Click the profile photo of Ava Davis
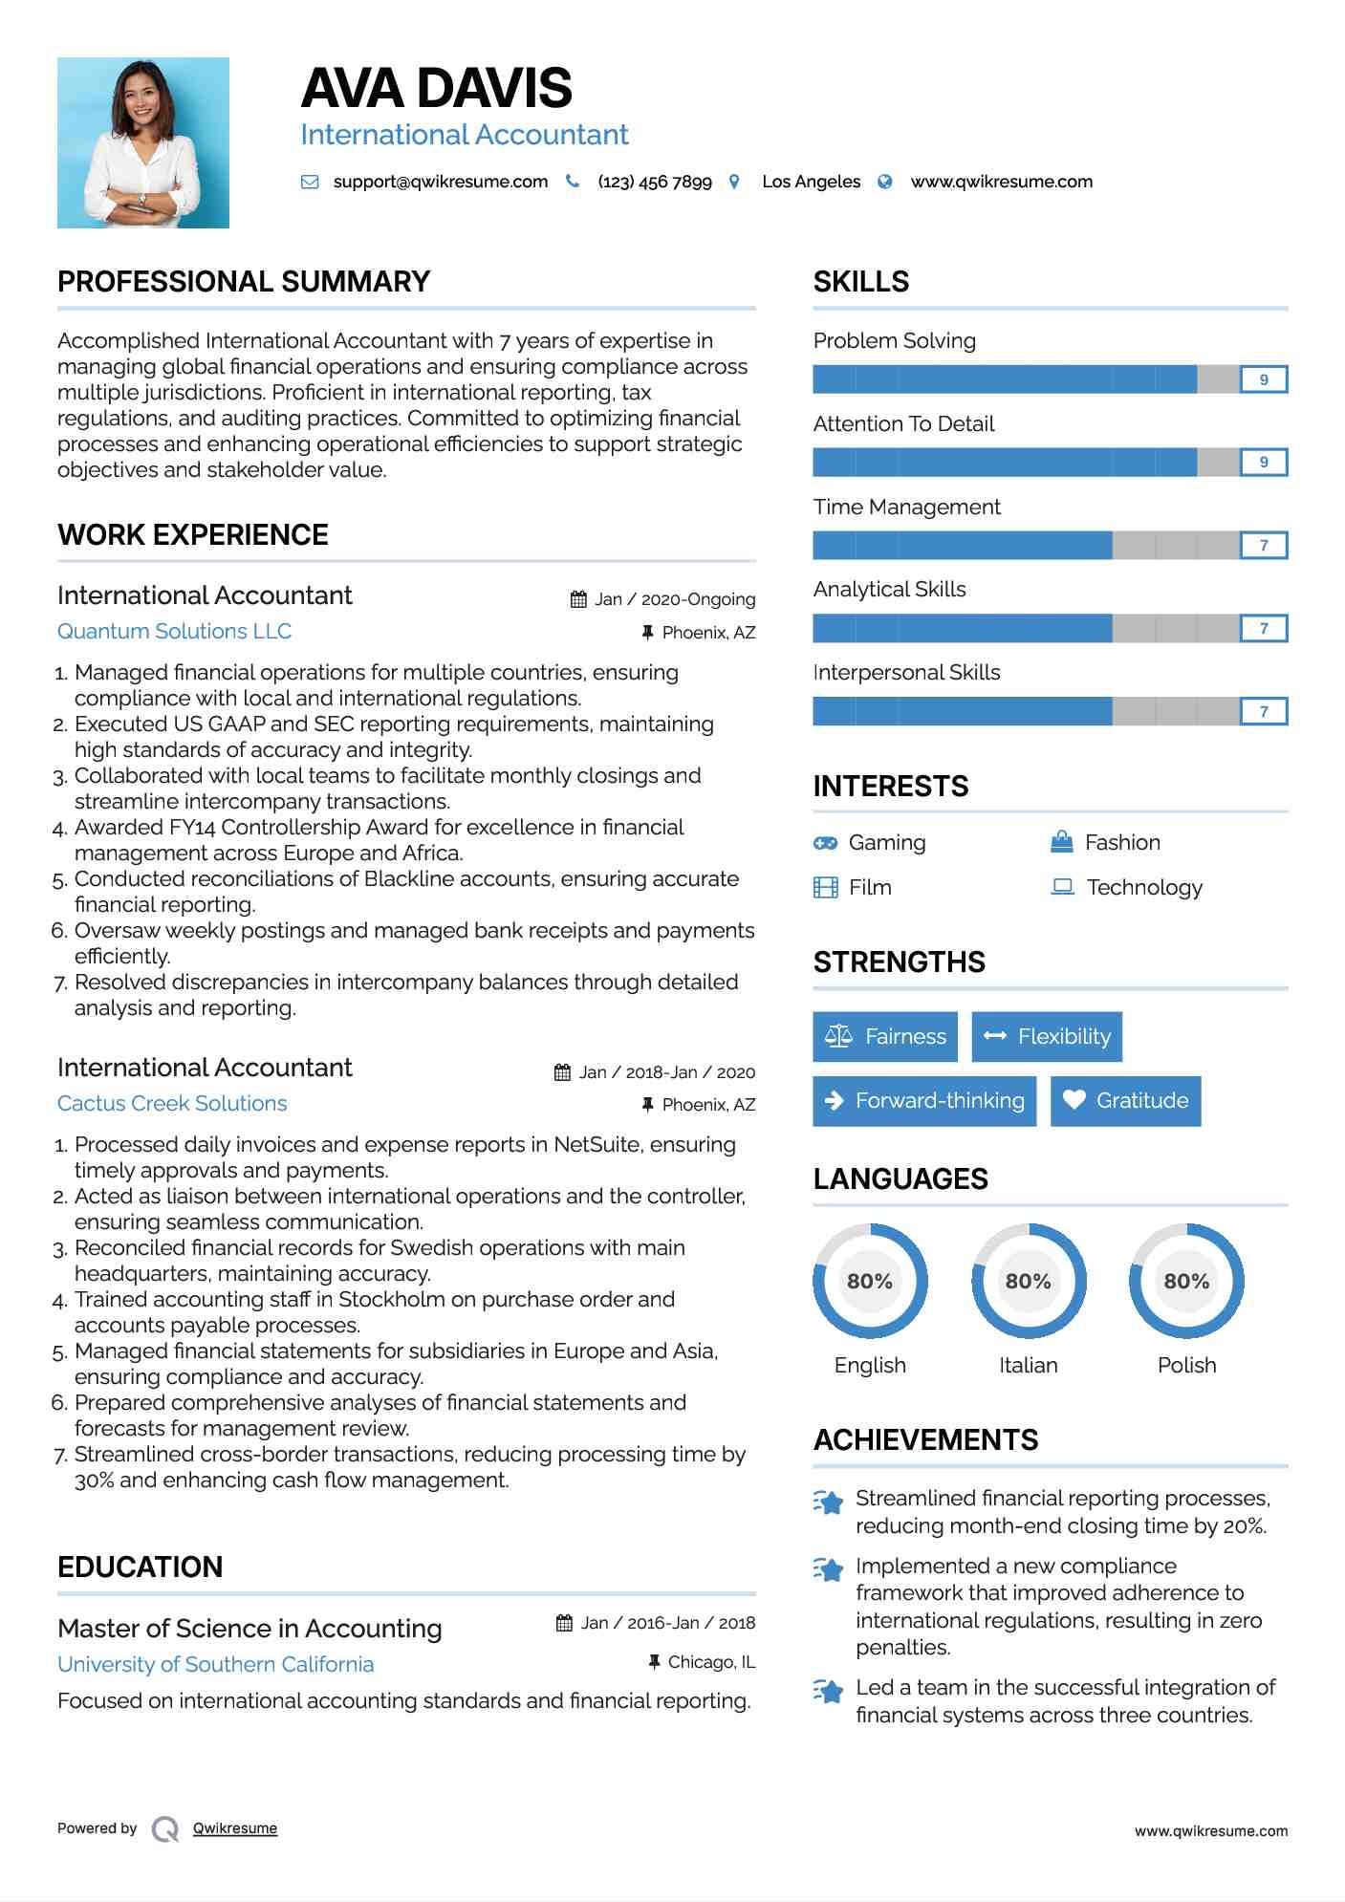pyautogui.click(x=143, y=142)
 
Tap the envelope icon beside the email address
pyautogui.click(x=310, y=182)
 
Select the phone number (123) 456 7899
pyautogui.click(x=654, y=182)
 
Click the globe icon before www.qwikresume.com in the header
pyautogui.click(x=885, y=182)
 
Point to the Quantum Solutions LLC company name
pyautogui.click(x=174, y=632)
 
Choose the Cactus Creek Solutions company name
pyautogui.click(x=172, y=1104)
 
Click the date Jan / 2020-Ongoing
pyautogui.click(x=674, y=599)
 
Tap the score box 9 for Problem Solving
pyautogui.click(x=1263, y=379)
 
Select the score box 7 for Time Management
pyautogui.click(x=1263, y=546)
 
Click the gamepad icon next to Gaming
pyautogui.click(x=825, y=843)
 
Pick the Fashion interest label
pyautogui.click(x=1122, y=843)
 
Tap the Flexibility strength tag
pyautogui.click(x=1047, y=1037)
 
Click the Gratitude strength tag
pyautogui.click(x=1125, y=1101)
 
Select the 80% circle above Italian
pyautogui.click(x=1029, y=1281)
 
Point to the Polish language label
pyautogui.click(x=1186, y=1366)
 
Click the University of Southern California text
pyautogui.click(x=216, y=1665)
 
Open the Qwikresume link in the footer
pyautogui.click(x=235, y=1828)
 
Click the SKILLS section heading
pyautogui.click(x=861, y=282)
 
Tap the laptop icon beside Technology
pyautogui.click(x=1063, y=887)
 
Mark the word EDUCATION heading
pyautogui.click(x=141, y=1567)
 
